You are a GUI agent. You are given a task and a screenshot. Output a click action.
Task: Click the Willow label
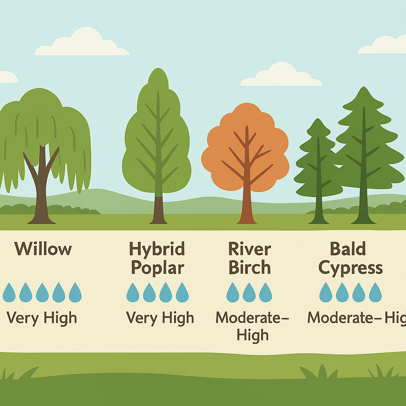pos(43,249)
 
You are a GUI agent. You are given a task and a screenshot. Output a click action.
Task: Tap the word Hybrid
pos(157,249)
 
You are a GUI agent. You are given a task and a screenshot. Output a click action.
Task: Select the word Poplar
pos(157,268)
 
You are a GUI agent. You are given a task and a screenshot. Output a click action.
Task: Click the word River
pos(249,249)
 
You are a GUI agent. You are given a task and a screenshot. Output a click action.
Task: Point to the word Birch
pos(249,268)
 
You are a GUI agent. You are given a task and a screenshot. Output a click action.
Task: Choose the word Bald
pos(348,249)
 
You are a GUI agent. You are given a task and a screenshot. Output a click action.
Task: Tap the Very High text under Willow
pos(42,318)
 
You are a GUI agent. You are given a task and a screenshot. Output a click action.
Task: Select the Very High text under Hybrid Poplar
pos(160,318)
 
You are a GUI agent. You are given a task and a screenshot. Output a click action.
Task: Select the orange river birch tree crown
pos(245,147)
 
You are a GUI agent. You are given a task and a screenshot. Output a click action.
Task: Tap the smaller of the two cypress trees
pos(318,167)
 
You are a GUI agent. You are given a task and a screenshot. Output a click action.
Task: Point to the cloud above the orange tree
pos(281,75)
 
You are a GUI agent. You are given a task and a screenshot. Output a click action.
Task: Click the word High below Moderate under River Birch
pos(253,335)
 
